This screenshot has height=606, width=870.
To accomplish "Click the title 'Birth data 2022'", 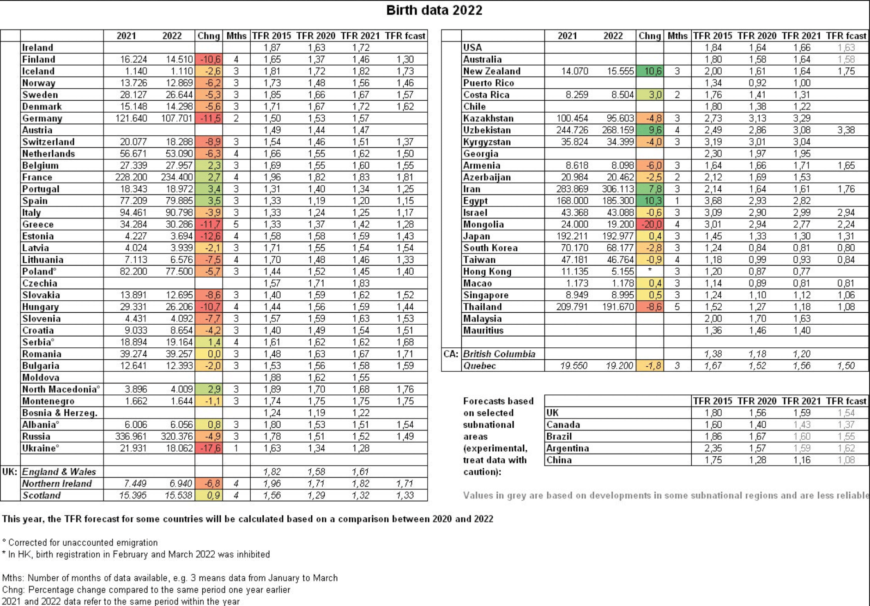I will click(434, 10).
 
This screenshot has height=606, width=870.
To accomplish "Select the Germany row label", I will click(42, 118).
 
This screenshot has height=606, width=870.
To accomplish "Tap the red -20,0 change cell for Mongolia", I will click(650, 224).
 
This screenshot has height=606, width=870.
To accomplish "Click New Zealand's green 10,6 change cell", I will click(650, 71).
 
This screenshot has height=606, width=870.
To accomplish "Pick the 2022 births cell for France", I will click(177, 177).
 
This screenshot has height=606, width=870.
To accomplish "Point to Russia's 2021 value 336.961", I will click(131, 436).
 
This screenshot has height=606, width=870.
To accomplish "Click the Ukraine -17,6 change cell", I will click(209, 448).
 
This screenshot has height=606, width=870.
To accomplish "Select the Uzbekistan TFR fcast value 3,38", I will click(846, 130).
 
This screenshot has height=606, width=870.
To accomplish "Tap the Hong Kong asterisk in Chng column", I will click(650, 272).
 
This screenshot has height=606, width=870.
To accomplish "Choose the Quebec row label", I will click(479, 366).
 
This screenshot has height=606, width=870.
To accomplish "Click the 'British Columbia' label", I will click(499, 354).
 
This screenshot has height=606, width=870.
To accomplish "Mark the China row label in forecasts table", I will click(559, 460).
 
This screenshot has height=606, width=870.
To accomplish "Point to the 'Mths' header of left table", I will click(236, 36).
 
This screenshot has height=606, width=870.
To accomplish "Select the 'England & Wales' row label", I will click(59, 472).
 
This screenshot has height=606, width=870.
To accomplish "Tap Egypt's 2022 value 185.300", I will click(618, 201).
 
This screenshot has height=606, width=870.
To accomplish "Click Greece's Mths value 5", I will click(236, 224).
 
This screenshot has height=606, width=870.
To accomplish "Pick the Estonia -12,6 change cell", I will click(209, 236).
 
